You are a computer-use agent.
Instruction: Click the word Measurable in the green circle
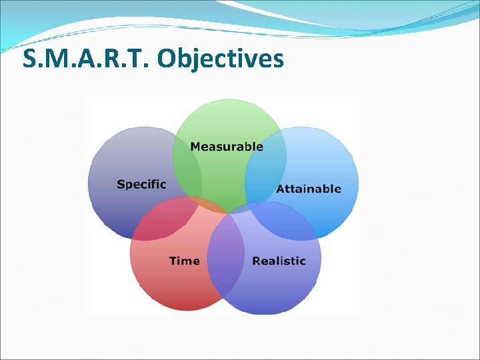pyautogui.click(x=227, y=147)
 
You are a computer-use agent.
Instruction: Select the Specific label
pyautogui.click(x=141, y=184)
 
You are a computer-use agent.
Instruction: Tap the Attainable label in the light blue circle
pyautogui.click(x=309, y=189)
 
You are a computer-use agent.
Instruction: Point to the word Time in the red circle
pyautogui.click(x=184, y=261)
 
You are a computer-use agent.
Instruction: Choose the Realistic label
pyautogui.click(x=279, y=261)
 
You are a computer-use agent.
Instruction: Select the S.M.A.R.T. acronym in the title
pyautogui.click(x=87, y=59)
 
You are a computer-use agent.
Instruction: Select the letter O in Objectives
pyautogui.click(x=169, y=59)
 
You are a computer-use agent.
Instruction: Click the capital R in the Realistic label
pyautogui.click(x=256, y=261)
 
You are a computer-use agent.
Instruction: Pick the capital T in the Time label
pyautogui.click(x=173, y=261)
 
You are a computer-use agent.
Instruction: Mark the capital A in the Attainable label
pyautogui.click(x=281, y=189)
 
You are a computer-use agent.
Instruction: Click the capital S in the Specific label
pyautogui.click(x=121, y=184)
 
